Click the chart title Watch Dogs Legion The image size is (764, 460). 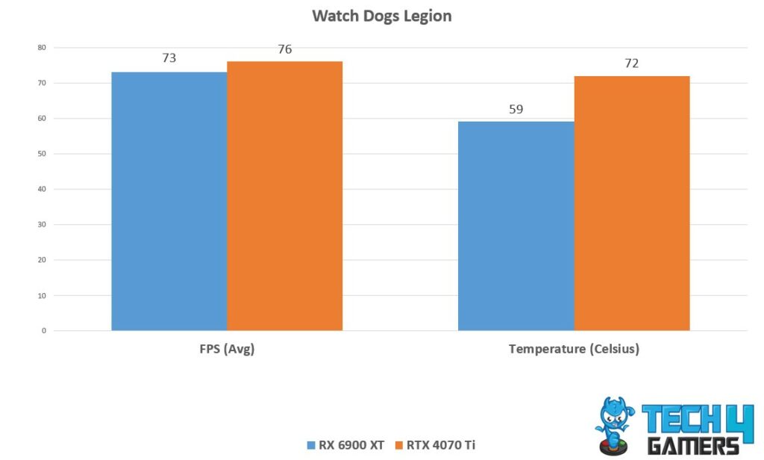coord(381,16)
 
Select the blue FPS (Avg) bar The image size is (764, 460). coord(169,201)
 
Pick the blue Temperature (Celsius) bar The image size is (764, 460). coord(516,226)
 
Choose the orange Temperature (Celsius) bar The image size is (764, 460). coord(631,203)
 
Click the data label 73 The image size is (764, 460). coord(169,57)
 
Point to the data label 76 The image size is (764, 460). coord(284,50)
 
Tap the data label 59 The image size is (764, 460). coord(516,109)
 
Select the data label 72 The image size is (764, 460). coord(631,63)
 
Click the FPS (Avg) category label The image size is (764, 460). coord(227,349)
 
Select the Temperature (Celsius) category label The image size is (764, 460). coord(574,349)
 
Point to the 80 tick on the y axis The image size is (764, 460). coord(41,48)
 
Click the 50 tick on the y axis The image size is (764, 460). coord(41,154)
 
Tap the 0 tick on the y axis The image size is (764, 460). coord(43,331)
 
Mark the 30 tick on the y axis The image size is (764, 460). coord(41,224)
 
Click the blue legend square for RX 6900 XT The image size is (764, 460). coord(311,446)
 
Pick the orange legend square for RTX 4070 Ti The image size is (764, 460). coord(398,446)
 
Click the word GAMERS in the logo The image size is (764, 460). coord(694,446)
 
